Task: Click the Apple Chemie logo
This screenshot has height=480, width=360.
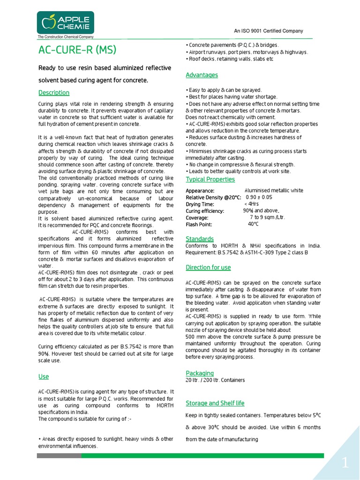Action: click(x=66, y=22)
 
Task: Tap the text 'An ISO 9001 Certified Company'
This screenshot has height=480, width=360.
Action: click(x=269, y=31)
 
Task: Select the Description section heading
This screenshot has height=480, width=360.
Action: click(x=54, y=92)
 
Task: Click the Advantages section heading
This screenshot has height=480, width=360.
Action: click(x=202, y=75)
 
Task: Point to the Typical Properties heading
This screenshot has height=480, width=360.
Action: click(x=210, y=180)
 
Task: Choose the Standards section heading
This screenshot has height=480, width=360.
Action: click(x=200, y=239)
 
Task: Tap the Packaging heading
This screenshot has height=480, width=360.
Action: click(x=200, y=373)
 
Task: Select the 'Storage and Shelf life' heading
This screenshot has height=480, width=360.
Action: click(x=215, y=403)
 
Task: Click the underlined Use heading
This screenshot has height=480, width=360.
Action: click(x=43, y=376)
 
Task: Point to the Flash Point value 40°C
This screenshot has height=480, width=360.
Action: click(x=253, y=224)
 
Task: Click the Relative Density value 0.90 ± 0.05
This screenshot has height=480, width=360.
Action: click(x=259, y=197)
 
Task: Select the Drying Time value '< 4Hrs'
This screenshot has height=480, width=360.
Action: click(x=252, y=204)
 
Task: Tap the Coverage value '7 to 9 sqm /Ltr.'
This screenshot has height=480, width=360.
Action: click(x=267, y=217)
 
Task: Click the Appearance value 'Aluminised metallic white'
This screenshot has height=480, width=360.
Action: click(x=274, y=191)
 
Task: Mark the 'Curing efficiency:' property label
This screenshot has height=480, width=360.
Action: click(x=205, y=211)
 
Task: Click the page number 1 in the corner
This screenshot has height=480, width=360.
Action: click(x=345, y=464)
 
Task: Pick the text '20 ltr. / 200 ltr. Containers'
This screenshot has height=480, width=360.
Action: click(x=215, y=380)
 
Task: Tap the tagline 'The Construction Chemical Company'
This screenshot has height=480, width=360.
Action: click(x=66, y=37)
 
